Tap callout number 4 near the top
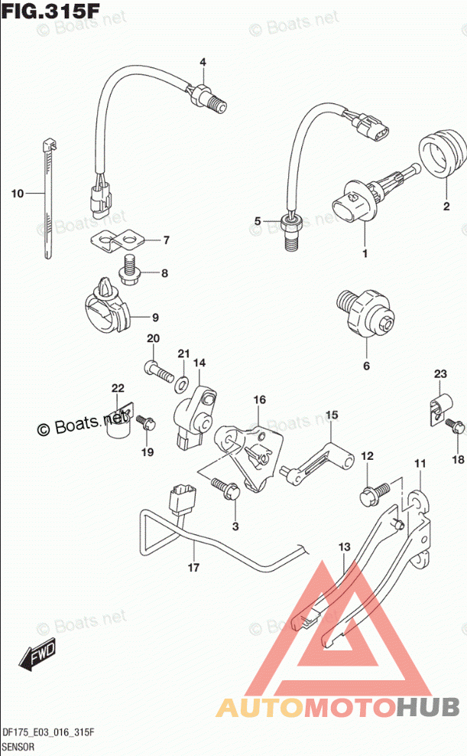click(203, 62)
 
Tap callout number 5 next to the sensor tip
click(258, 222)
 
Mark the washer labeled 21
click(184, 380)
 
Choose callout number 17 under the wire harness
click(193, 568)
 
